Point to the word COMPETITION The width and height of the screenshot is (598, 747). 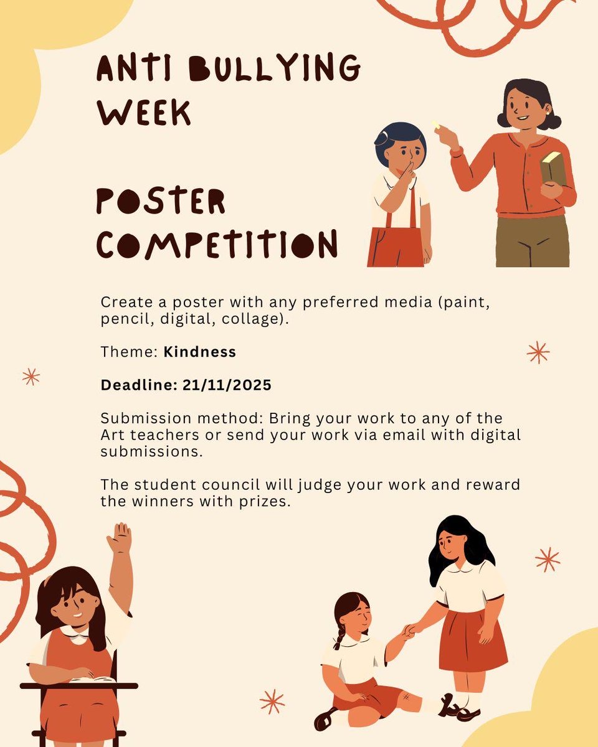[x=217, y=244]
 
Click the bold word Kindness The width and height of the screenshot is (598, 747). [x=200, y=352]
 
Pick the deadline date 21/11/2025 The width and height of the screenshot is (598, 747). [x=227, y=385]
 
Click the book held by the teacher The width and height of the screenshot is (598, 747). [x=553, y=168]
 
